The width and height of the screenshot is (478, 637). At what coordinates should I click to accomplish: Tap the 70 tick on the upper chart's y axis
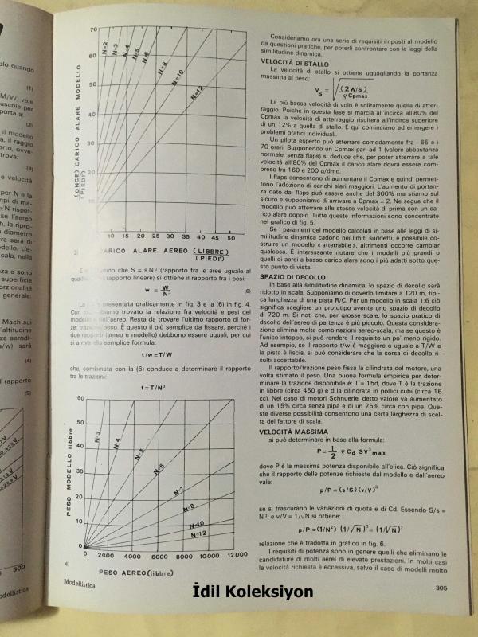pyautogui.click(x=93, y=29)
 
